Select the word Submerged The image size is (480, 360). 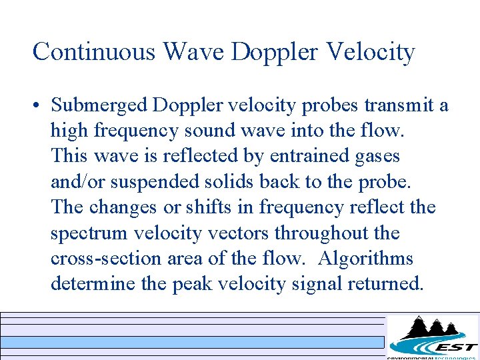100,106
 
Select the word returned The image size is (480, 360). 384,284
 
